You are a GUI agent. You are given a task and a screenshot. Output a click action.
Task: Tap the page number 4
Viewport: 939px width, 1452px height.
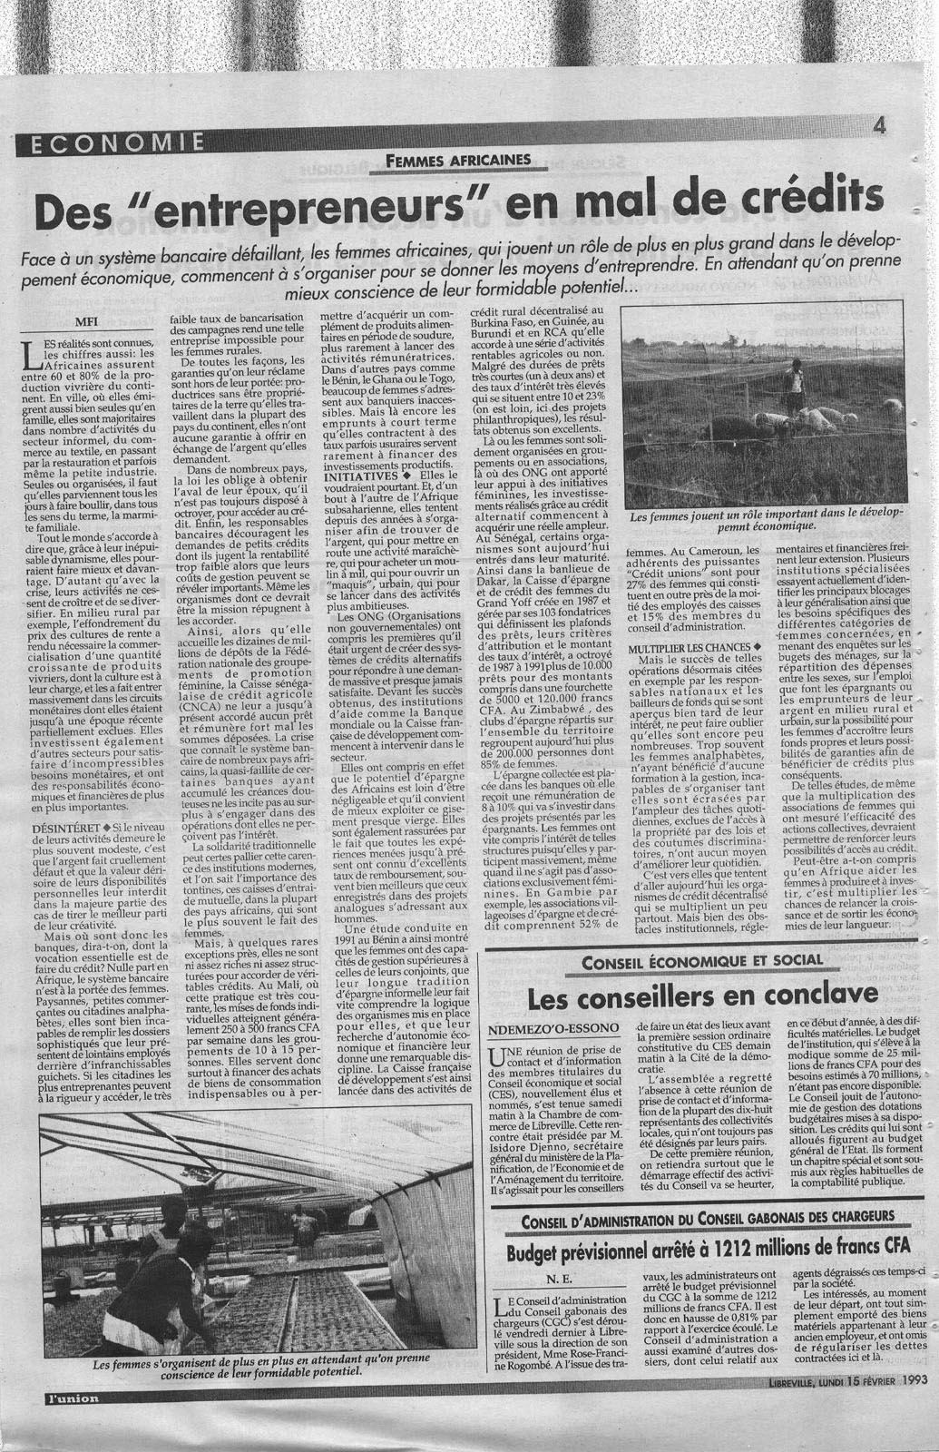[878, 126]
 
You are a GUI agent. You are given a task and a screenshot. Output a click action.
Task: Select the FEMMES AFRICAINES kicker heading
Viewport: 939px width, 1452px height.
[457, 160]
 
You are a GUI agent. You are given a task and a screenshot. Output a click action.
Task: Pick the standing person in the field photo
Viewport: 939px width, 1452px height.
[795, 387]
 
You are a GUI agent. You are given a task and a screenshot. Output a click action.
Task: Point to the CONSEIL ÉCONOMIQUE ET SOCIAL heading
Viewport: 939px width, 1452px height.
[702, 961]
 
